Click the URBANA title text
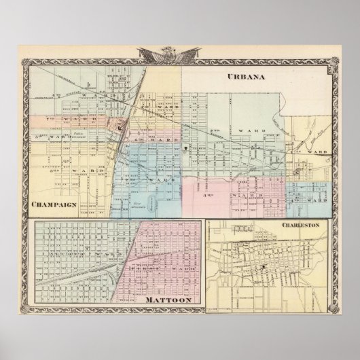[x=247, y=76]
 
